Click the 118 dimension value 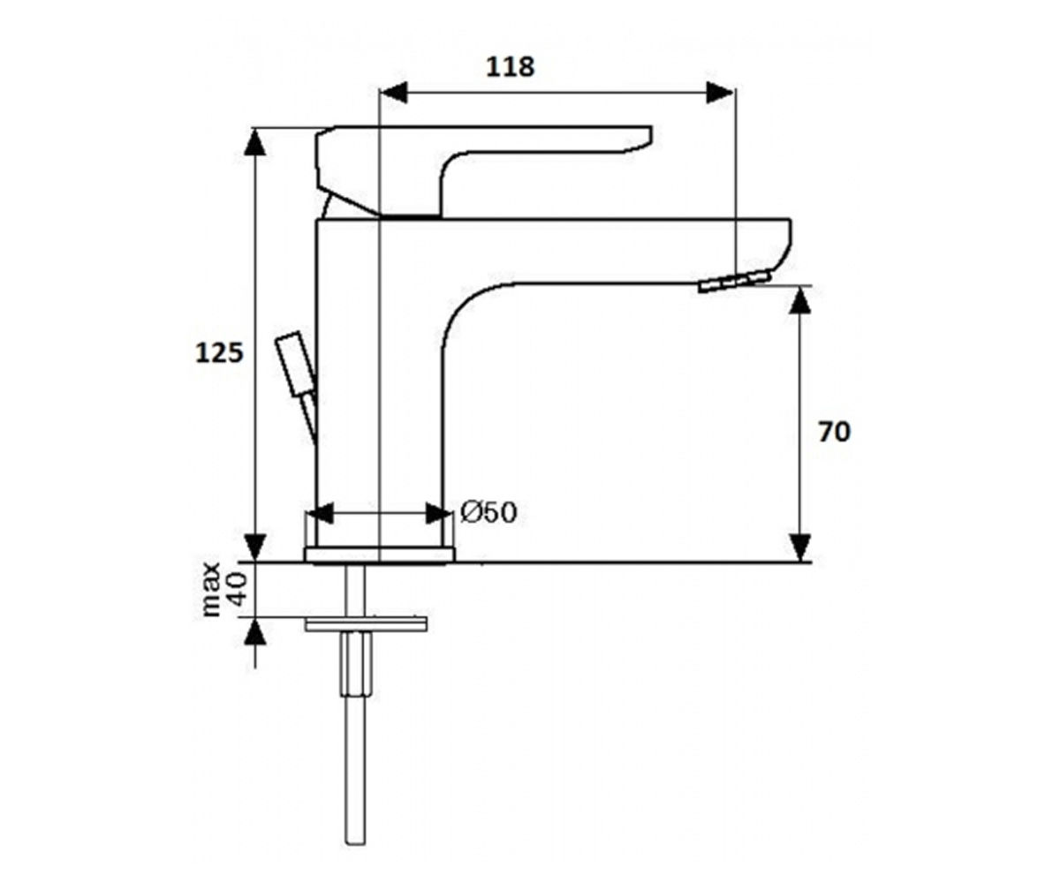coord(511,67)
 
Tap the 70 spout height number coord(834,432)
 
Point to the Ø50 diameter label coord(488,512)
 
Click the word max coord(211,590)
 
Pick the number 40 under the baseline coord(238,590)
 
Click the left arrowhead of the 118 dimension coord(394,93)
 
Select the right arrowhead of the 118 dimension coord(721,93)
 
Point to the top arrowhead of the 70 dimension coord(800,300)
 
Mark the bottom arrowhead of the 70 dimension coord(800,547)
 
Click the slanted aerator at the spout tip coord(735,282)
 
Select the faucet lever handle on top coord(483,171)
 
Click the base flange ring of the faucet coord(380,555)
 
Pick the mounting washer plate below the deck coord(366,624)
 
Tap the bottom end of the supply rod coord(355,843)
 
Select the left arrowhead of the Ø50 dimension coord(321,514)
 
